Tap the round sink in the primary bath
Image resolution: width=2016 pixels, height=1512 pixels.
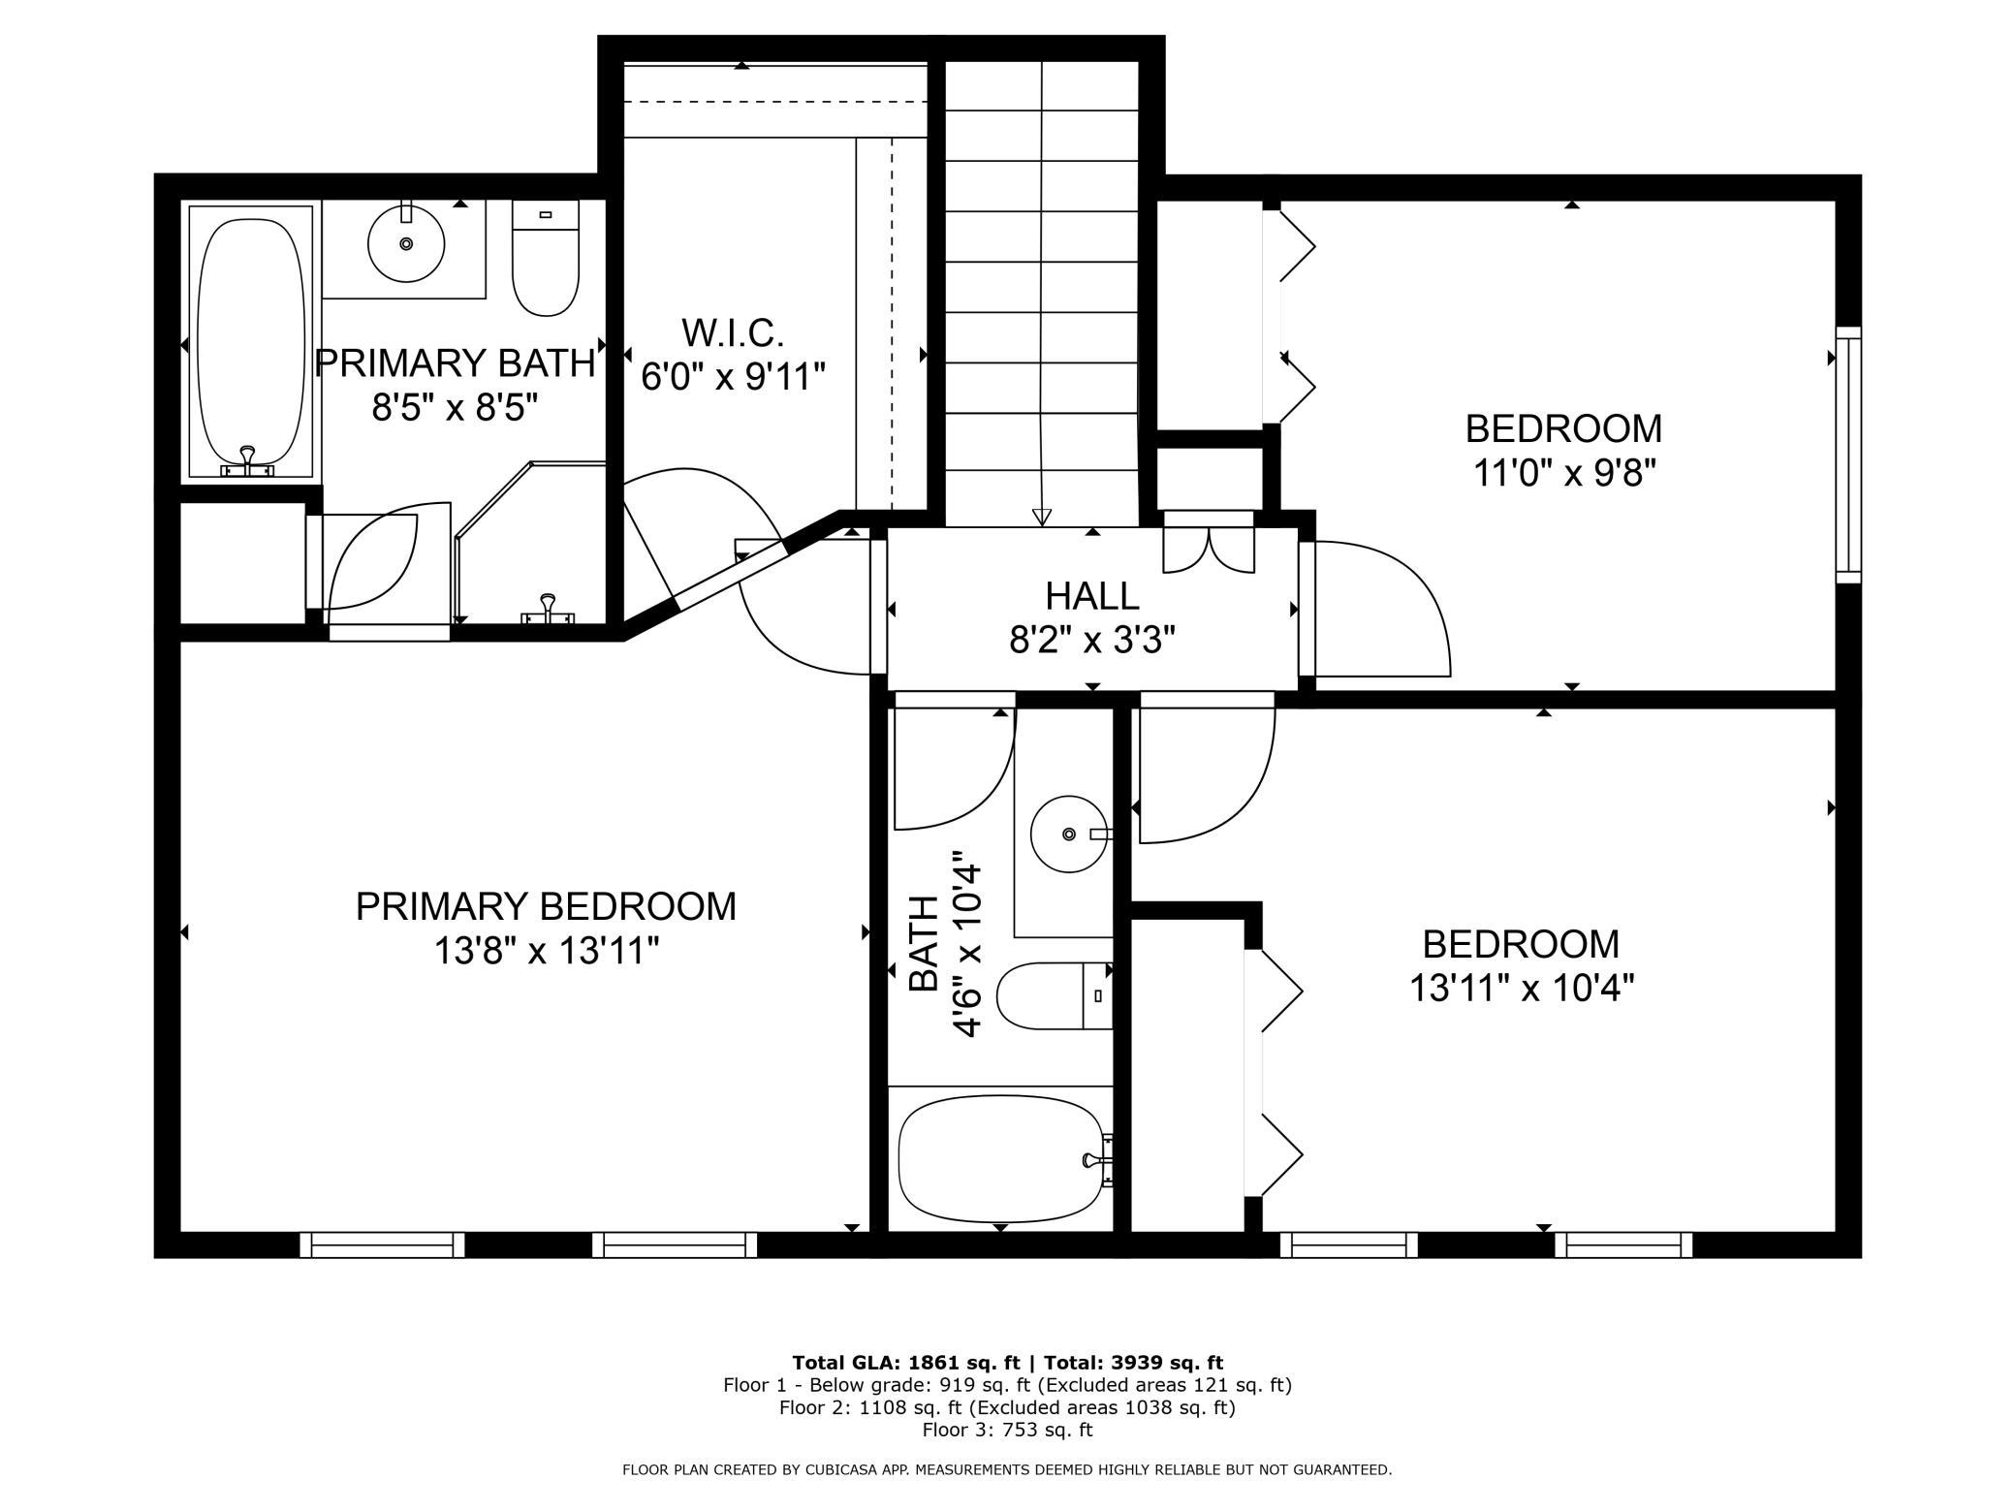(406, 243)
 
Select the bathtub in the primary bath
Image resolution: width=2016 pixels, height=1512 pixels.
(251, 342)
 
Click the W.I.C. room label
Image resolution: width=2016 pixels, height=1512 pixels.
(732, 332)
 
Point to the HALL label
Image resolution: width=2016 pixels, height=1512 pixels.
(1092, 595)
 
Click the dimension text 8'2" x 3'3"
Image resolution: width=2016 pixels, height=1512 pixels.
(1092, 640)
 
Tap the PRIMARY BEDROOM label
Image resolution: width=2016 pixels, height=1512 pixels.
(546, 906)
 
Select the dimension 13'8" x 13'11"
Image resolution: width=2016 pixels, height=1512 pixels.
(546, 951)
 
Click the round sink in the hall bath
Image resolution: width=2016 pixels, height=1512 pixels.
(1069, 834)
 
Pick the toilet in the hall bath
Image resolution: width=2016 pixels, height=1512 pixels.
(1055, 995)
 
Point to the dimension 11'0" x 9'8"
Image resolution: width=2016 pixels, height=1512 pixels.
(1563, 473)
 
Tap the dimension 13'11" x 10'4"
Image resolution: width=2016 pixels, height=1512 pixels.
(1521, 989)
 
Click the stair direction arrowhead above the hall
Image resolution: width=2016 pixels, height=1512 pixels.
(1042, 517)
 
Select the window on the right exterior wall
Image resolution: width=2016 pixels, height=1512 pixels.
(1849, 455)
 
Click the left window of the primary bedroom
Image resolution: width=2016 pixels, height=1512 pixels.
(382, 1244)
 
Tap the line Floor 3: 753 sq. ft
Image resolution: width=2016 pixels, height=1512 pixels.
(1007, 1430)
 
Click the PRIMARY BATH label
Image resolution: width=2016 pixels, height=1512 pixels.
(455, 363)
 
